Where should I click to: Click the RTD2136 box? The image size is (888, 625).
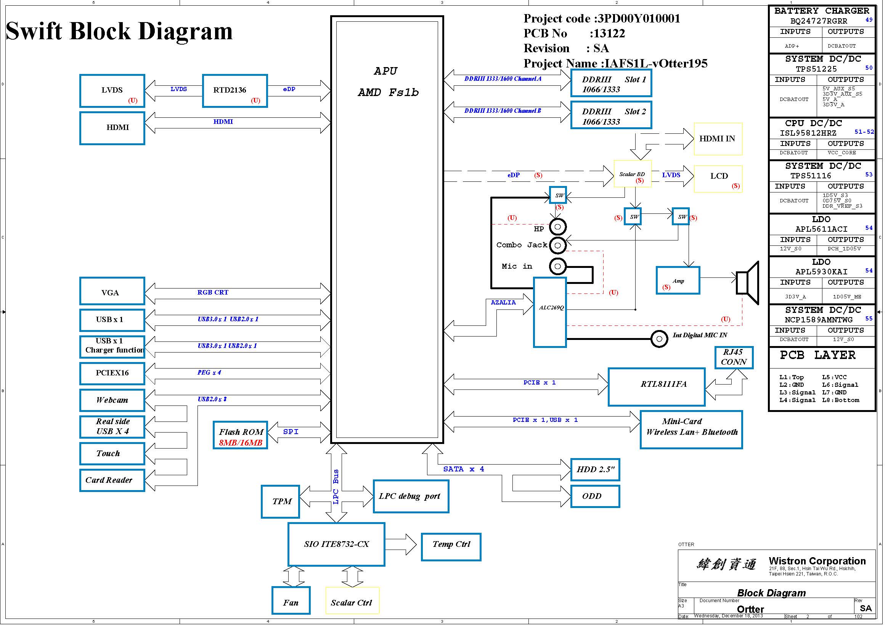(235, 91)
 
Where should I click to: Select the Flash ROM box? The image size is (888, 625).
(240, 436)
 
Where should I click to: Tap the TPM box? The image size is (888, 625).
(280, 502)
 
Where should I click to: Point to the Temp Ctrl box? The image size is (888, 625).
(451, 547)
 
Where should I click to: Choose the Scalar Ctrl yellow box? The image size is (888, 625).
(352, 601)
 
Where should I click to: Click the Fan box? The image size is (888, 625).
(291, 601)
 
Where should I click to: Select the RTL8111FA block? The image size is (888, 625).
(657, 387)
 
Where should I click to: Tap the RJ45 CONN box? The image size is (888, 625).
(734, 358)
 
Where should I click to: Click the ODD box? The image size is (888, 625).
(595, 496)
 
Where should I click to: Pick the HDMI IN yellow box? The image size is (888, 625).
(718, 139)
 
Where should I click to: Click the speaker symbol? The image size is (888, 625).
(748, 283)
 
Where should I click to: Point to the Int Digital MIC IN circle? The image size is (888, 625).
(660, 339)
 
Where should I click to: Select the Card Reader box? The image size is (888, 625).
(112, 481)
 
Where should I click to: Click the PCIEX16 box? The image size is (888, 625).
(112, 373)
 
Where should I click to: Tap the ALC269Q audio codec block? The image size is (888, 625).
(550, 312)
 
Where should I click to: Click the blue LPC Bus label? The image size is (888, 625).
(336, 487)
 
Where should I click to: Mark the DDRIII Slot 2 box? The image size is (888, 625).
(611, 115)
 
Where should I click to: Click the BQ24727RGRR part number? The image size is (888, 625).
(818, 21)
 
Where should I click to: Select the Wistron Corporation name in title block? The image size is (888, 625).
(817, 561)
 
